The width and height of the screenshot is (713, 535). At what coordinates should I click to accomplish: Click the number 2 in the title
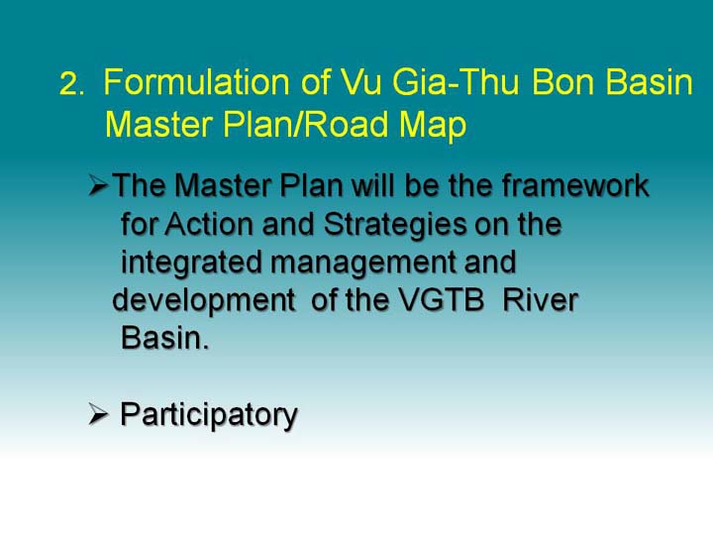pos(68,84)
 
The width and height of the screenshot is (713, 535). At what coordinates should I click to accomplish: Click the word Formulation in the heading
pos(196,82)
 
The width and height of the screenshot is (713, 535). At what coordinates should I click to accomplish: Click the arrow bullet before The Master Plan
pos(98,185)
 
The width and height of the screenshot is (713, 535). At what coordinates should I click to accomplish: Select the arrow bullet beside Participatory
pos(98,414)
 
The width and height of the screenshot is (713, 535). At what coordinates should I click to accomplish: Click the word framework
pos(575,185)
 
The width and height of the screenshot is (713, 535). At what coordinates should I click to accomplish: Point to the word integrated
pos(191,264)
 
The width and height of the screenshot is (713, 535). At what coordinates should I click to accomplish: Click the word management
pos(363,264)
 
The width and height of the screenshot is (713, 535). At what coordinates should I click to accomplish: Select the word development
pos(204,302)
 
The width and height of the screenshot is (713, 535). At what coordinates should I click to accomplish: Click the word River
pos(541,300)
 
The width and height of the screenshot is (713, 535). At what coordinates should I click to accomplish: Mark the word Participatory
pos(209,416)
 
